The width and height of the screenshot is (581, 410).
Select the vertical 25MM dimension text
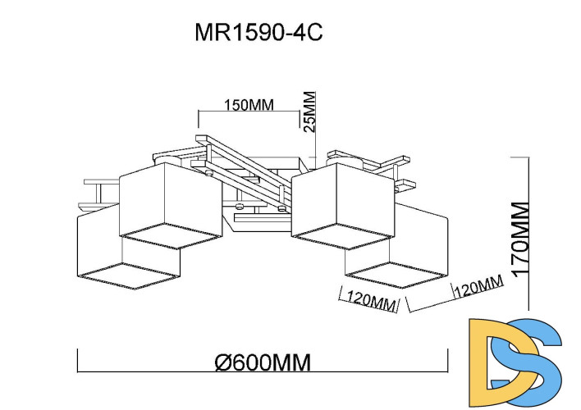309,111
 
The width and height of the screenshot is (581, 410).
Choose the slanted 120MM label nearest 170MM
477,288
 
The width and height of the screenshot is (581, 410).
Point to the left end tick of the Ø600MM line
77,360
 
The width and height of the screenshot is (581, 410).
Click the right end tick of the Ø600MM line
447,360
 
